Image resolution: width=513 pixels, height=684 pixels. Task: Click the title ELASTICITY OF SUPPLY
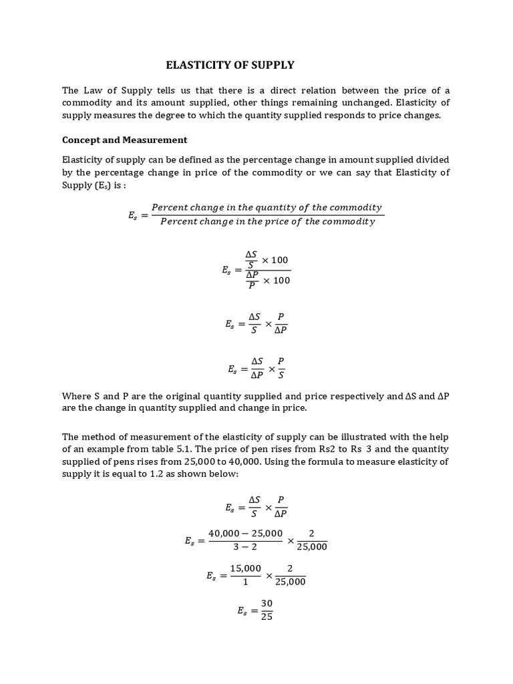point(230,65)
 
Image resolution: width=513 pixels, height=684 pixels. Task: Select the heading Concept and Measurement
point(124,140)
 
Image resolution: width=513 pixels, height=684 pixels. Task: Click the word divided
point(432,160)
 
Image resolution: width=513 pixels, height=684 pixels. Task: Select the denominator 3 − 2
point(244,547)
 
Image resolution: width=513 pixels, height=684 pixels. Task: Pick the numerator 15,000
point(245,568)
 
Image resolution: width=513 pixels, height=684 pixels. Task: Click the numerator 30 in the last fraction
point(267,603)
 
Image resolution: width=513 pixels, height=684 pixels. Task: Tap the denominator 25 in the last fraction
point(267,616)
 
